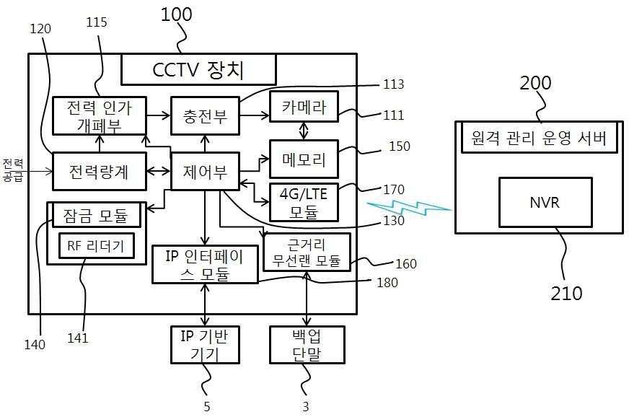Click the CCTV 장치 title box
(x=198, y=70)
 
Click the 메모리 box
(x=303, y=159)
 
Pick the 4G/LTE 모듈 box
(x=303, y=202)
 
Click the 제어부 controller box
(x=204, y=172)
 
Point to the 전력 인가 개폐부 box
(x=98, y=114)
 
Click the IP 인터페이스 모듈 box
(x=206, y=264)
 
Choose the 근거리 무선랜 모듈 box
(x=307, y=252)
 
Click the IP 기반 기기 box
(x=204, y=344)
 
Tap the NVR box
(x=545, y=203)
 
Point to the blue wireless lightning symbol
(x=408, y=208)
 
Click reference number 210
(x=566, y=293)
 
